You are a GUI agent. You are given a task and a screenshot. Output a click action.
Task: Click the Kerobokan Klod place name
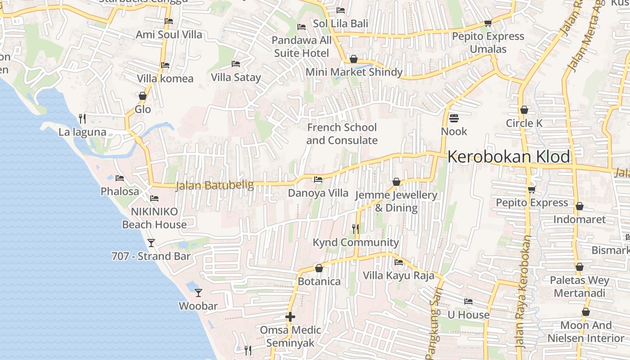(508, 157)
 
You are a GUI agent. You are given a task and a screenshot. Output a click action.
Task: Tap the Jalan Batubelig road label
(215, 185)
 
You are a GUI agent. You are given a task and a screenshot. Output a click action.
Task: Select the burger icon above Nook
(454, 118)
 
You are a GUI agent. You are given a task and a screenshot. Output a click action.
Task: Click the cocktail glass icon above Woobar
(198, 293)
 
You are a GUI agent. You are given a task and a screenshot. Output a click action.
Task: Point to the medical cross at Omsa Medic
(290, 317)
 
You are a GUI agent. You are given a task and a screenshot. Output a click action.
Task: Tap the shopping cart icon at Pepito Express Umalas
(488, 23)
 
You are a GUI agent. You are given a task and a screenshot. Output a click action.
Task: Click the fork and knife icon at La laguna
(82, 119)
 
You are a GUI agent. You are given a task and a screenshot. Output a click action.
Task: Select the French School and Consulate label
(342, 134)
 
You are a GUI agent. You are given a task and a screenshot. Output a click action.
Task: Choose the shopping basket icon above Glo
(143, 96)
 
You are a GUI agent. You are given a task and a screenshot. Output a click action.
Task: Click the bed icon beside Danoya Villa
(318, 180)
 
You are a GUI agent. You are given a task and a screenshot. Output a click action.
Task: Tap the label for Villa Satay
(236, 77)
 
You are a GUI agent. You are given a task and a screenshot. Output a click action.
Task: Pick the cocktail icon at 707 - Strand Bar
(151, 243)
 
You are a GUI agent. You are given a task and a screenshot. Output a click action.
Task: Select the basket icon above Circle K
(524, 110)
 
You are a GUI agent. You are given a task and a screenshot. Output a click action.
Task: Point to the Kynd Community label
(355, 243)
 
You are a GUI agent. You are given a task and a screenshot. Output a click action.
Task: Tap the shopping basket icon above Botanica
(319, 268)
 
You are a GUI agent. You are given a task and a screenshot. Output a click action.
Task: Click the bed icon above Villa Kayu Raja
(399, 262)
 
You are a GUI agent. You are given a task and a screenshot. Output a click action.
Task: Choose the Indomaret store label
(579, 220)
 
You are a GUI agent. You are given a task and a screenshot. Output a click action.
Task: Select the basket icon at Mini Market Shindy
(354, 59)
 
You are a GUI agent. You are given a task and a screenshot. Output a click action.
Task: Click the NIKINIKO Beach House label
(154, 218)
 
